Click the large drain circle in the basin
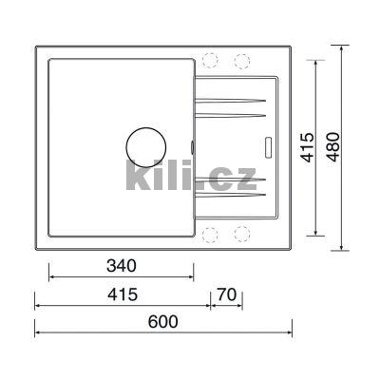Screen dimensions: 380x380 coord(146,147)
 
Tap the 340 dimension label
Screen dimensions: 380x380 coord(122,266)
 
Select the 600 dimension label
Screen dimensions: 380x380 coord(163,322)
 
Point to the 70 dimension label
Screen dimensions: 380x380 coord(227,294)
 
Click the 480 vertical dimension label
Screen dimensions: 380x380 coord(332,147)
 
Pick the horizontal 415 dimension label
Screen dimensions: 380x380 coord(123,294)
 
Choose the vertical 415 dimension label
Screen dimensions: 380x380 coord(307,147)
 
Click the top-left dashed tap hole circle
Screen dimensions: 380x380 coord(211,60)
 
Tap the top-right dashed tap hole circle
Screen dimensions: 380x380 coord(242,61)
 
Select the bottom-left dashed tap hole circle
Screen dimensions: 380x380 coord(211,235)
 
